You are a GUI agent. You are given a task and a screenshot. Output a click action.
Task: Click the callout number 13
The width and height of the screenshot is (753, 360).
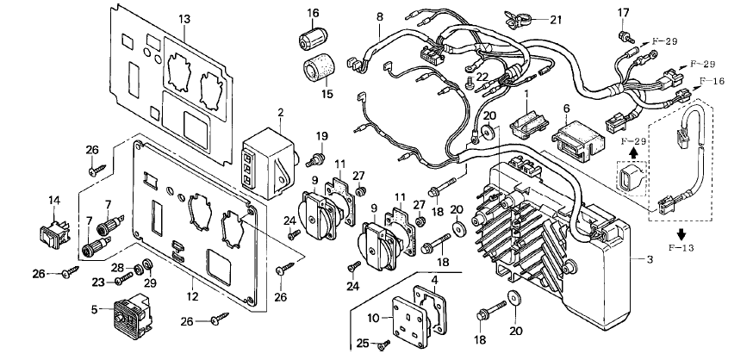click(x=184, y=19)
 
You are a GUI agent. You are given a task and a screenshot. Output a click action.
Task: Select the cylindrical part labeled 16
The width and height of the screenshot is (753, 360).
click(x=313, y=37)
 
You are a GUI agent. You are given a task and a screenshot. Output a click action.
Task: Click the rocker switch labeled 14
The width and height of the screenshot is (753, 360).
click(x=53, y=234)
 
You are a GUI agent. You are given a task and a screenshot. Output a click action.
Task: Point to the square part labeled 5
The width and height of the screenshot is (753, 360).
click(x=131, y=313)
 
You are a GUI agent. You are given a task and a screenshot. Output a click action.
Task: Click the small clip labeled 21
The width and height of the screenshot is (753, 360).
click(x=518, y=20)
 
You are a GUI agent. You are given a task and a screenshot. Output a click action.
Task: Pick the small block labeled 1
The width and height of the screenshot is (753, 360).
click(x=528, y=125)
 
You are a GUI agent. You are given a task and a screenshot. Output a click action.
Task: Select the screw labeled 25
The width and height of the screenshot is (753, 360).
click(x=383, y=344)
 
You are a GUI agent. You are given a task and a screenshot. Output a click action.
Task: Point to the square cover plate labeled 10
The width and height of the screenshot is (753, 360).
click(x=409, y=317)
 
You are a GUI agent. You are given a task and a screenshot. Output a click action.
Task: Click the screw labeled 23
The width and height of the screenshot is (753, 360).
click(x=123, y=279)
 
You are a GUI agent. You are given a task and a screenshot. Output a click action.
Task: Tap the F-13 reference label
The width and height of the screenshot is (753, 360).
click(x=681, y=248)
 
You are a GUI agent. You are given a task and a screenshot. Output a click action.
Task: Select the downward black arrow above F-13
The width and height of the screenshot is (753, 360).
click(x=681, y=233)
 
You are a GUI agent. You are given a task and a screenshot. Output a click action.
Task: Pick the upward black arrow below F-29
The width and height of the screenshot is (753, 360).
click(x=634, y=152)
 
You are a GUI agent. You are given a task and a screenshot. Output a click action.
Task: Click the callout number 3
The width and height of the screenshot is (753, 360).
click(x=650, y=260)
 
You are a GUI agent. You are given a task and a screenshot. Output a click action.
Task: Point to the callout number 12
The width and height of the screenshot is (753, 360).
click(x=193, y=296)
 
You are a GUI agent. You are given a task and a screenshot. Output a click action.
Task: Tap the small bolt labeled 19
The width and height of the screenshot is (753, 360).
click(x=314, y=160)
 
